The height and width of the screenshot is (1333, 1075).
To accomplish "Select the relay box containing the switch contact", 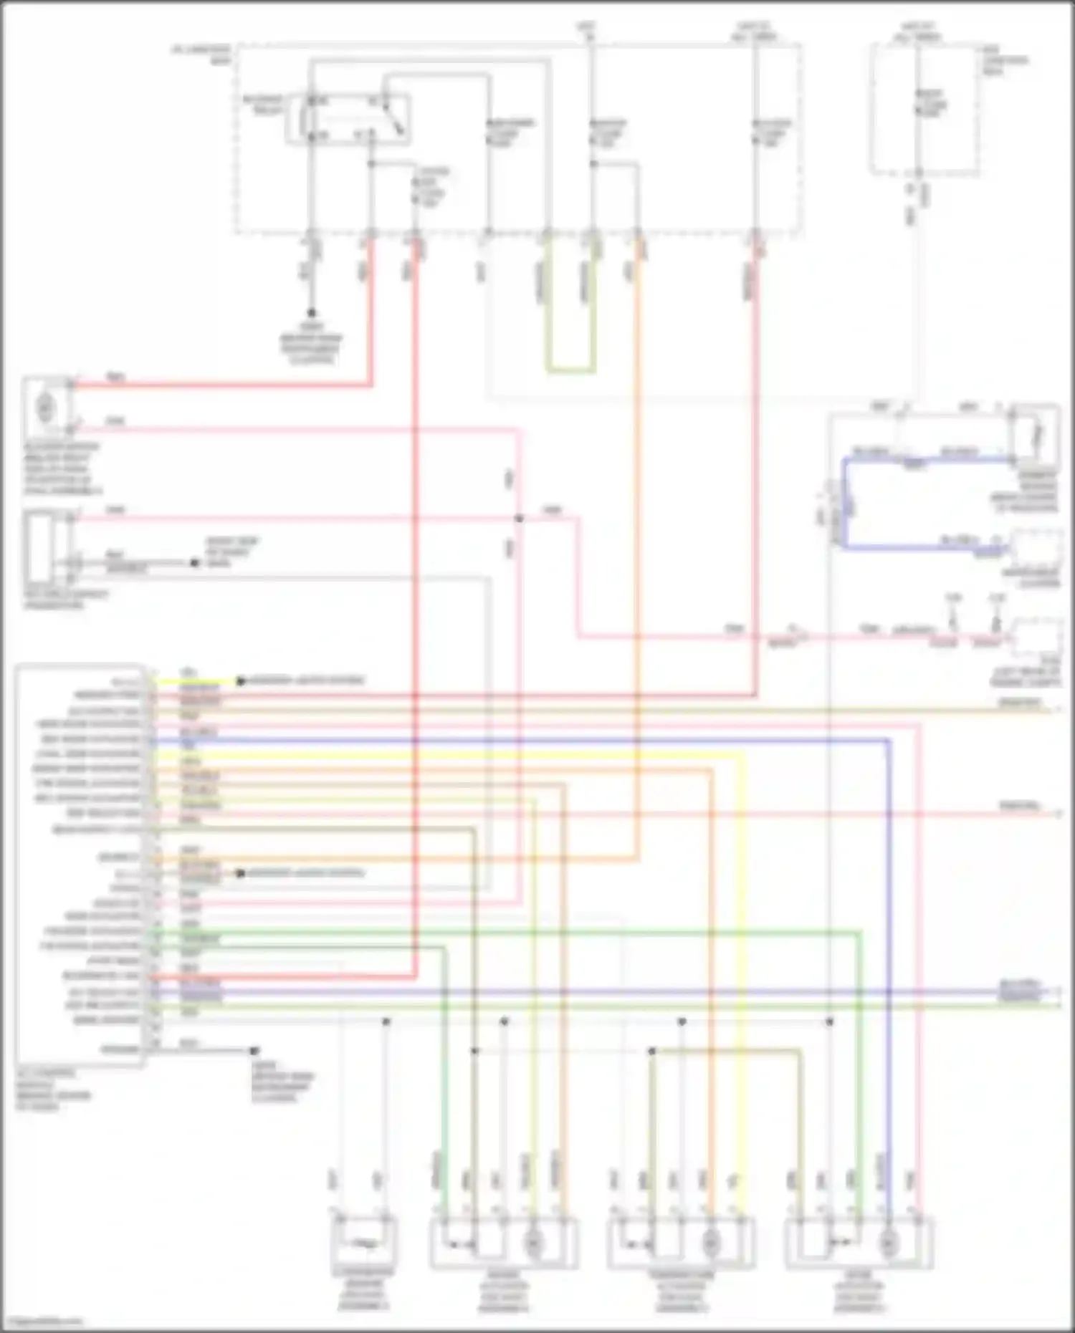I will (x=349, y=118).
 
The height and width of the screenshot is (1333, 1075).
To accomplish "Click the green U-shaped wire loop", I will (x=570, y=370).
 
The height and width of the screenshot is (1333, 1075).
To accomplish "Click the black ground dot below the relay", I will (x=312, y=313).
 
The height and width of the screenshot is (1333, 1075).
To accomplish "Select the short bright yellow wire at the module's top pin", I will (x=193, y=681).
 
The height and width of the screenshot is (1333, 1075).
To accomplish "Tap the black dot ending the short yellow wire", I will (x=241, y=681).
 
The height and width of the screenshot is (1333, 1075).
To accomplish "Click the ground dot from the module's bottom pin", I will (x=254, y=1051).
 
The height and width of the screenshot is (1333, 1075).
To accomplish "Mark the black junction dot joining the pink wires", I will (x=520, y=518).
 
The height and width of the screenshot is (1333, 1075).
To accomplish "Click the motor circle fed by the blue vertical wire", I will (x=889, y=1243).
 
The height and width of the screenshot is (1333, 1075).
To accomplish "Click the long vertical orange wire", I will (x=636, y=544).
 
